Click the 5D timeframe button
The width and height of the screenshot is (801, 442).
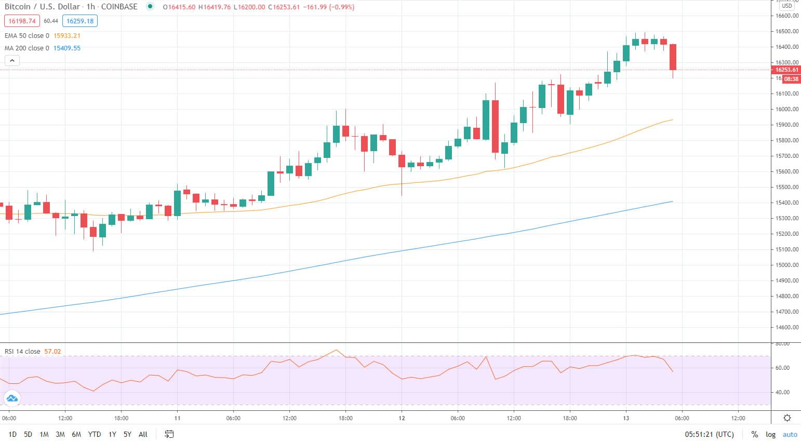coord(28,434)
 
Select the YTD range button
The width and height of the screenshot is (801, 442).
coord(94,434)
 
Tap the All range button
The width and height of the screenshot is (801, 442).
coord(143,434)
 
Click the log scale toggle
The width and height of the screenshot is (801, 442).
coord(770,434)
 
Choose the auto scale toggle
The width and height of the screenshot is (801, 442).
coord(790,434)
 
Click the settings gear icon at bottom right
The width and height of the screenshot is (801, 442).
coord(787,418)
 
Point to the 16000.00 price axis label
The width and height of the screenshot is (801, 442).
coord(787,109)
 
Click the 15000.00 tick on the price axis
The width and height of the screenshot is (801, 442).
coord(787,265)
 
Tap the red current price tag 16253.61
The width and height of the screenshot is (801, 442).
coord(786,70)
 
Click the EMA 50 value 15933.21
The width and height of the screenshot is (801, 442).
coord(67,36)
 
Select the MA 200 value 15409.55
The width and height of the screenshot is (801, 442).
coord(67,48)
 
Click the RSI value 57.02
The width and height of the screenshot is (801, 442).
coord(52,352)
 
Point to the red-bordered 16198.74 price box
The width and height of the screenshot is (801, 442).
coord(22,21)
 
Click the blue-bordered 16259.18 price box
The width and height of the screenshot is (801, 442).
coord(79,21)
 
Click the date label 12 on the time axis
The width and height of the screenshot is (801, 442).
coord(402,418)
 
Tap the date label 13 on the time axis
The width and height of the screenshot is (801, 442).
coord(626,418)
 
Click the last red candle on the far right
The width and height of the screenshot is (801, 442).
coord(673,57)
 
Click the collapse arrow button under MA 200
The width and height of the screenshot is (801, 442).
coord(12,61)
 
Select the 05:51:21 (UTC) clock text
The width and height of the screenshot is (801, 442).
coord(709,434)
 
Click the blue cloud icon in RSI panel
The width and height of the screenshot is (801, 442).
coord(11,398)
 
